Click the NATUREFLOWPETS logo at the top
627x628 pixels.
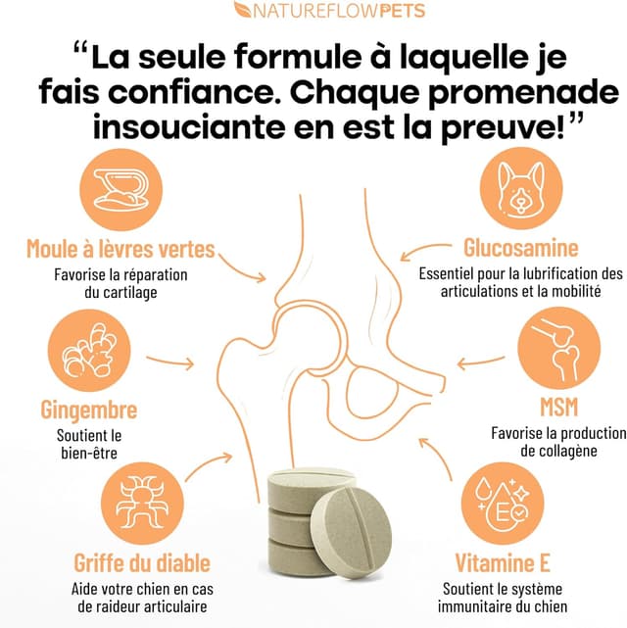[x=329, y=10]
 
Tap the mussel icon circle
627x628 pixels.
[x=121, y=189]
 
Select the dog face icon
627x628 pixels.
[x=521, y=188]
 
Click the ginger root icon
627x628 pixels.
[x=89, y=351]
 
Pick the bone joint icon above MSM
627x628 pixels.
[x=559, y=348]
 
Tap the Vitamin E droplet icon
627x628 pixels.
[x=503, y=503]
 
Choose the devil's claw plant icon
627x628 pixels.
[x=142, y=504]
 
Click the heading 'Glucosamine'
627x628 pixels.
[x=521, y=248]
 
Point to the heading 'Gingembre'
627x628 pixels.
[x=89, y=411]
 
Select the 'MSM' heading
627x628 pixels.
[x=559, y=407]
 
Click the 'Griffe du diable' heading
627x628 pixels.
[x=142, y=562]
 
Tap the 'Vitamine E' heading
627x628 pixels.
[x=503, y=562]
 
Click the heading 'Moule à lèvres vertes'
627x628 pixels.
[x=121, y=249]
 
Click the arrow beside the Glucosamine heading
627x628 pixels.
[x=425, y=252]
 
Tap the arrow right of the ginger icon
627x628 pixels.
[x=170, y=362]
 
